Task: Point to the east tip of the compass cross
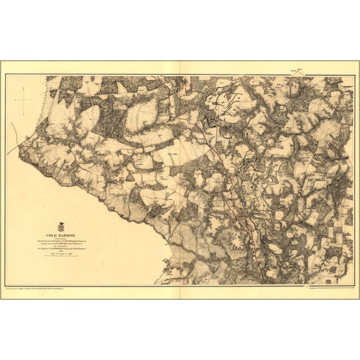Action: (x=33, y=100)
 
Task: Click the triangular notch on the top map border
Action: (x=180, y=75)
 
